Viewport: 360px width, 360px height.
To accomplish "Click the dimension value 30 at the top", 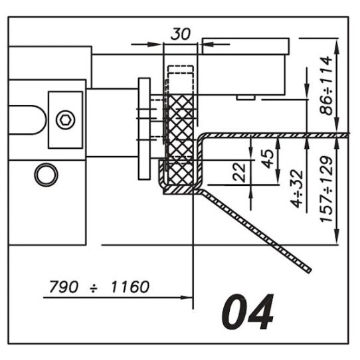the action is pyautogui.click(x=181, y=34).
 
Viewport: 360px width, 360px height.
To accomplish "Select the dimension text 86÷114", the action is pyautogui.click(x=326, y=86).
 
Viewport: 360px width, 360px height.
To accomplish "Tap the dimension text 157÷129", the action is pyautogui.click(x=326, y=189).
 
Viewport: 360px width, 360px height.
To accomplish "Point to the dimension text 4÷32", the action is pyautogui.click(x=296, y=189).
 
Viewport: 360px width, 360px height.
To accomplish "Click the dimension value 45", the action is pyautogui.click(x=268, y=159).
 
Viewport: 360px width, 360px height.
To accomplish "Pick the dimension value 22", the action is pyautogui.click(x=239, y=173).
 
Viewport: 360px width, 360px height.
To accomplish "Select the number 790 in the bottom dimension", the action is pyautogui.click(x=64, y=287).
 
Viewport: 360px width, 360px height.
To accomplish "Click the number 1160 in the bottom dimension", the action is pyautogui.click(x=130, y=287).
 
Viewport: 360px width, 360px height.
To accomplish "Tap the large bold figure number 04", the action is pyautogui.click(x=248, y=312).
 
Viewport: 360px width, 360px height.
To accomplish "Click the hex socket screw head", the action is pyautogui.click(x=66, y=120).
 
